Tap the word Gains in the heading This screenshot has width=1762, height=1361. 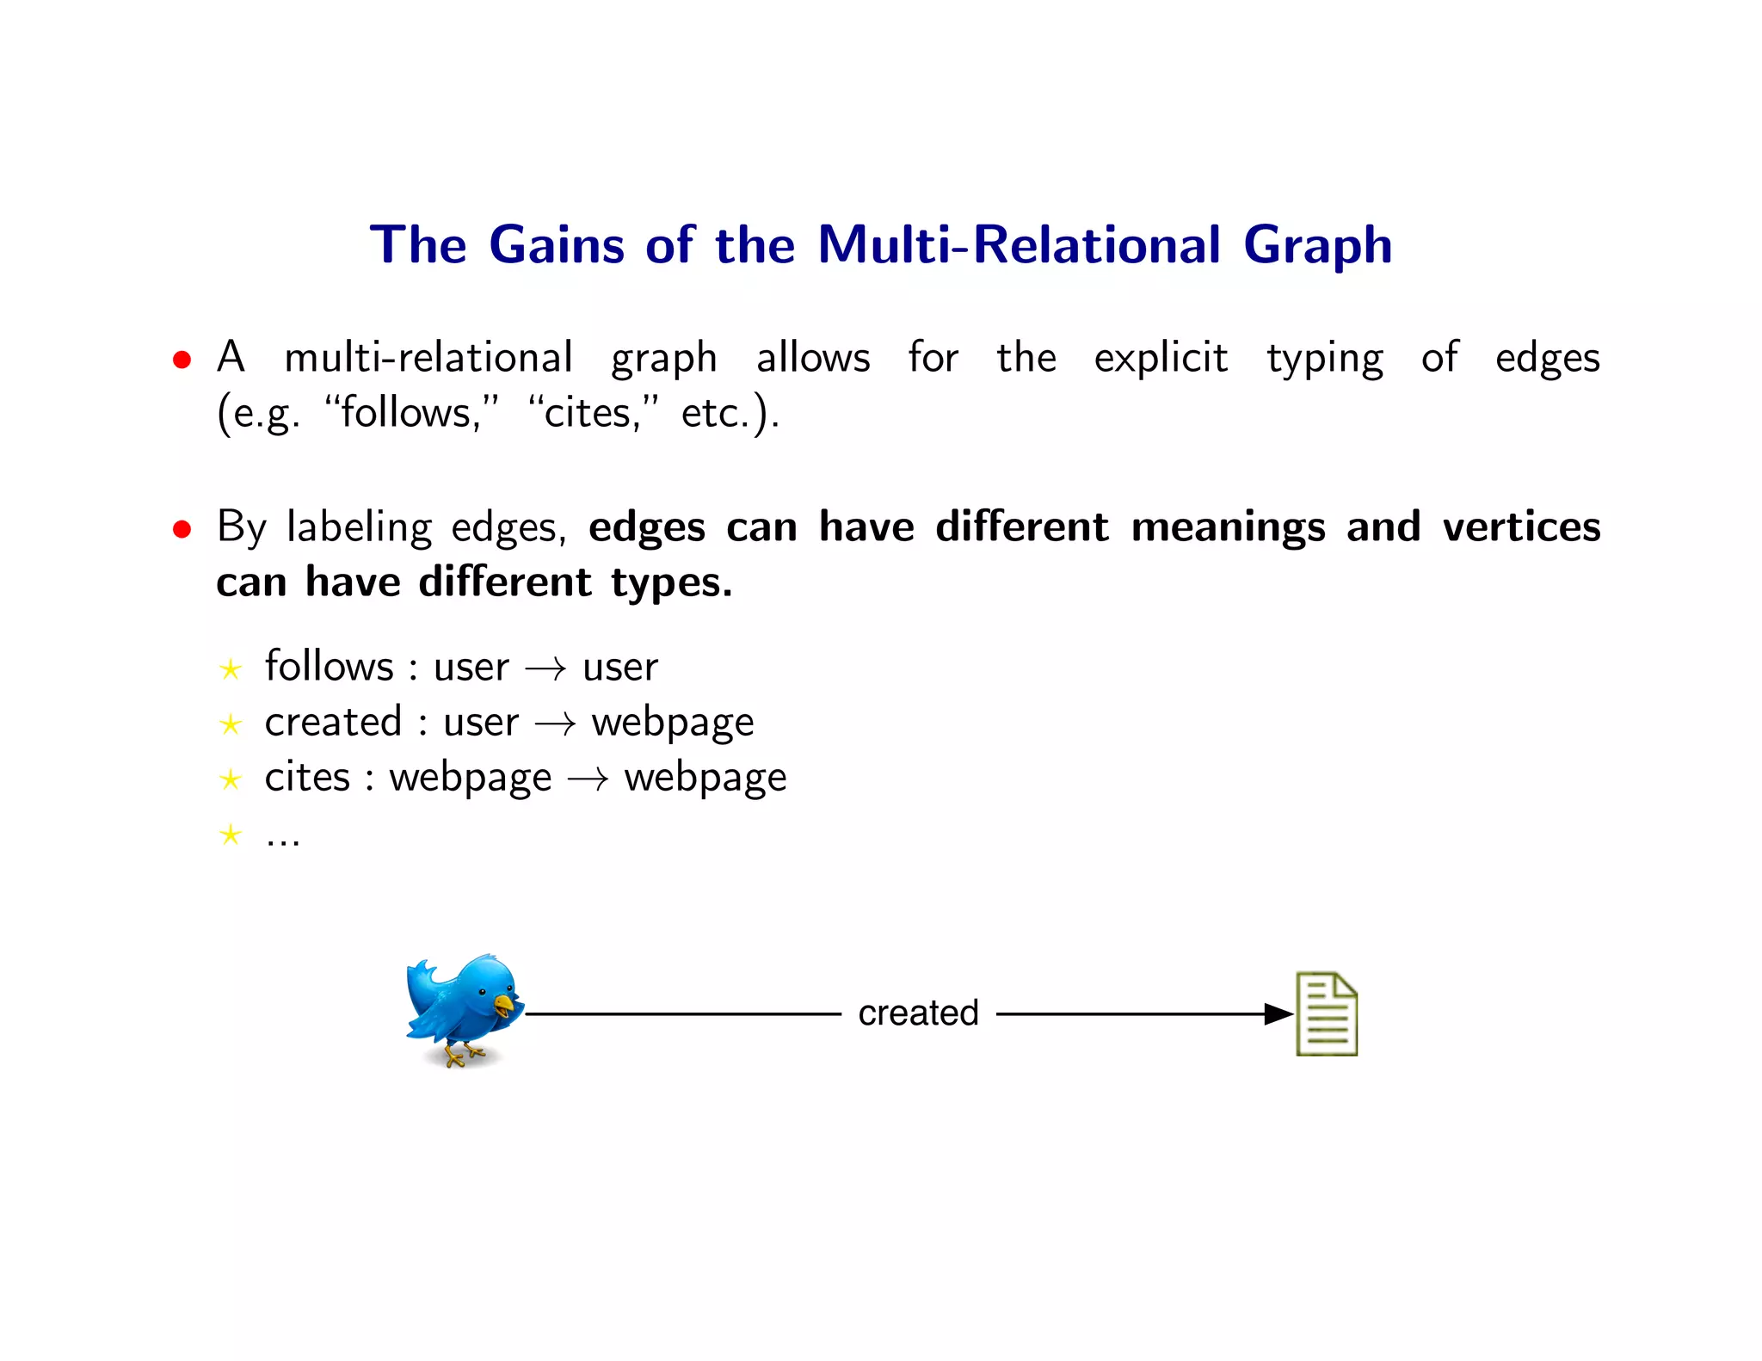(556, 245)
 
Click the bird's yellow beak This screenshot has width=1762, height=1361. (503, 1004)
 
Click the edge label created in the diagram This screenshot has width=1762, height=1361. (918, 1013)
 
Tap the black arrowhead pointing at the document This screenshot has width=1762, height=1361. (1278, 1014)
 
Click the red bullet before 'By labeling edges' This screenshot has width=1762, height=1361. (182, 528)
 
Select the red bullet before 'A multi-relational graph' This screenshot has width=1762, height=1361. (182, 359)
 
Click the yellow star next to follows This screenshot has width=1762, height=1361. (230, 669)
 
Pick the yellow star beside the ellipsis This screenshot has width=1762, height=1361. (230, 834)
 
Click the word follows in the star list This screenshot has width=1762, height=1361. (329, 667)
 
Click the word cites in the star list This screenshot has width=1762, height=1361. (307, 778)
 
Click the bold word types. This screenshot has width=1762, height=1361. (671, 583)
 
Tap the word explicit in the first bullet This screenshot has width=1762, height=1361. (1160, 358)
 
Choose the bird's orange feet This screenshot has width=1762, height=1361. (461, 1055)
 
